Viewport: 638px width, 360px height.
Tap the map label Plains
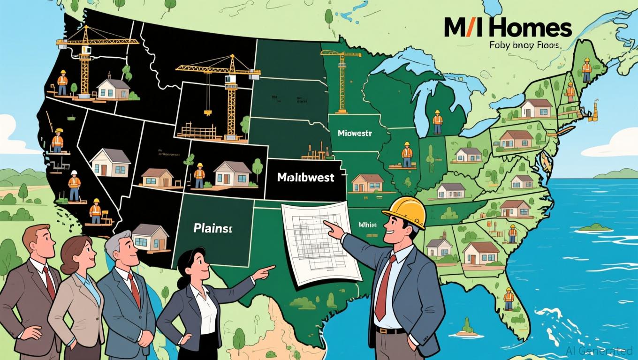click(x=213, y=229)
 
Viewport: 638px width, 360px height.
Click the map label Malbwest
click(x=305, y=178)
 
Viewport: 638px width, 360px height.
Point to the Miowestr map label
click(x=354, y=133)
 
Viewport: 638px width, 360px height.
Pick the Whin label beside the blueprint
click(x=367, y=225)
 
